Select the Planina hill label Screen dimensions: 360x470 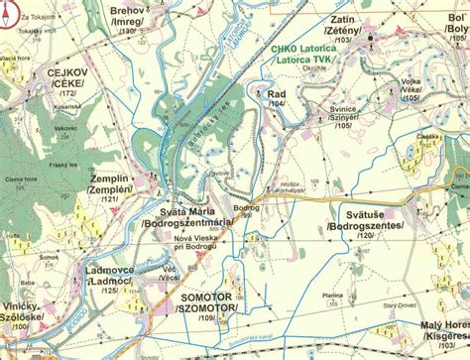[333, 295]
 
